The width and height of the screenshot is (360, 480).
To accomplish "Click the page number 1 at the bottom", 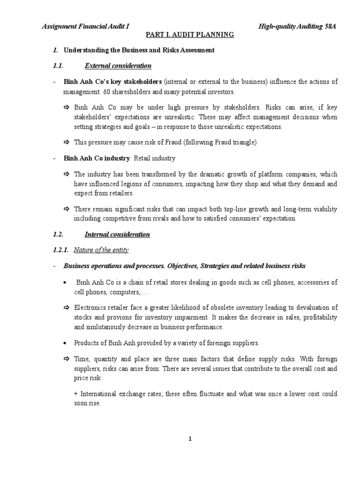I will pos(190,439).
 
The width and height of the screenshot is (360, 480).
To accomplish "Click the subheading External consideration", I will pos(118,66).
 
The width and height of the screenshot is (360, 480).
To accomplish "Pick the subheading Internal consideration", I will pos(117,234).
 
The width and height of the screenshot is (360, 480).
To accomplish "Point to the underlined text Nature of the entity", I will pos(101,250).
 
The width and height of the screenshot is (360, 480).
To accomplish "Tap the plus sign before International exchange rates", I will pos(76,394).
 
